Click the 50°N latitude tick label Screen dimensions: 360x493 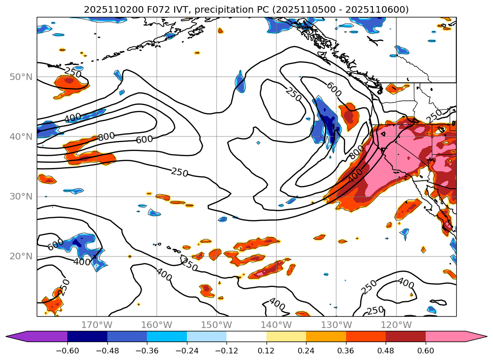click(x=22, y=77)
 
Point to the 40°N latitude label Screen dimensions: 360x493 click(x=22, y=136)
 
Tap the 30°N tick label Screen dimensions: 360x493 click(x=22, y=196)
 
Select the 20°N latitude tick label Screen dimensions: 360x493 click(x=22, y=256)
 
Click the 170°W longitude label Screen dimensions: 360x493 click(x=97, y=325)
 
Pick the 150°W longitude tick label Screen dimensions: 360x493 click(x=216, y=325)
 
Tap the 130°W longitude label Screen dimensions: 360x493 click(x=336, y=325)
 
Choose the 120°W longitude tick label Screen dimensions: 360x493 click(x=396, y=325)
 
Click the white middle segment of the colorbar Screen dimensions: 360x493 click(x=246, y=336)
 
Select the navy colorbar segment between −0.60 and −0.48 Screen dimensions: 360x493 click(x=87, y=336)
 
